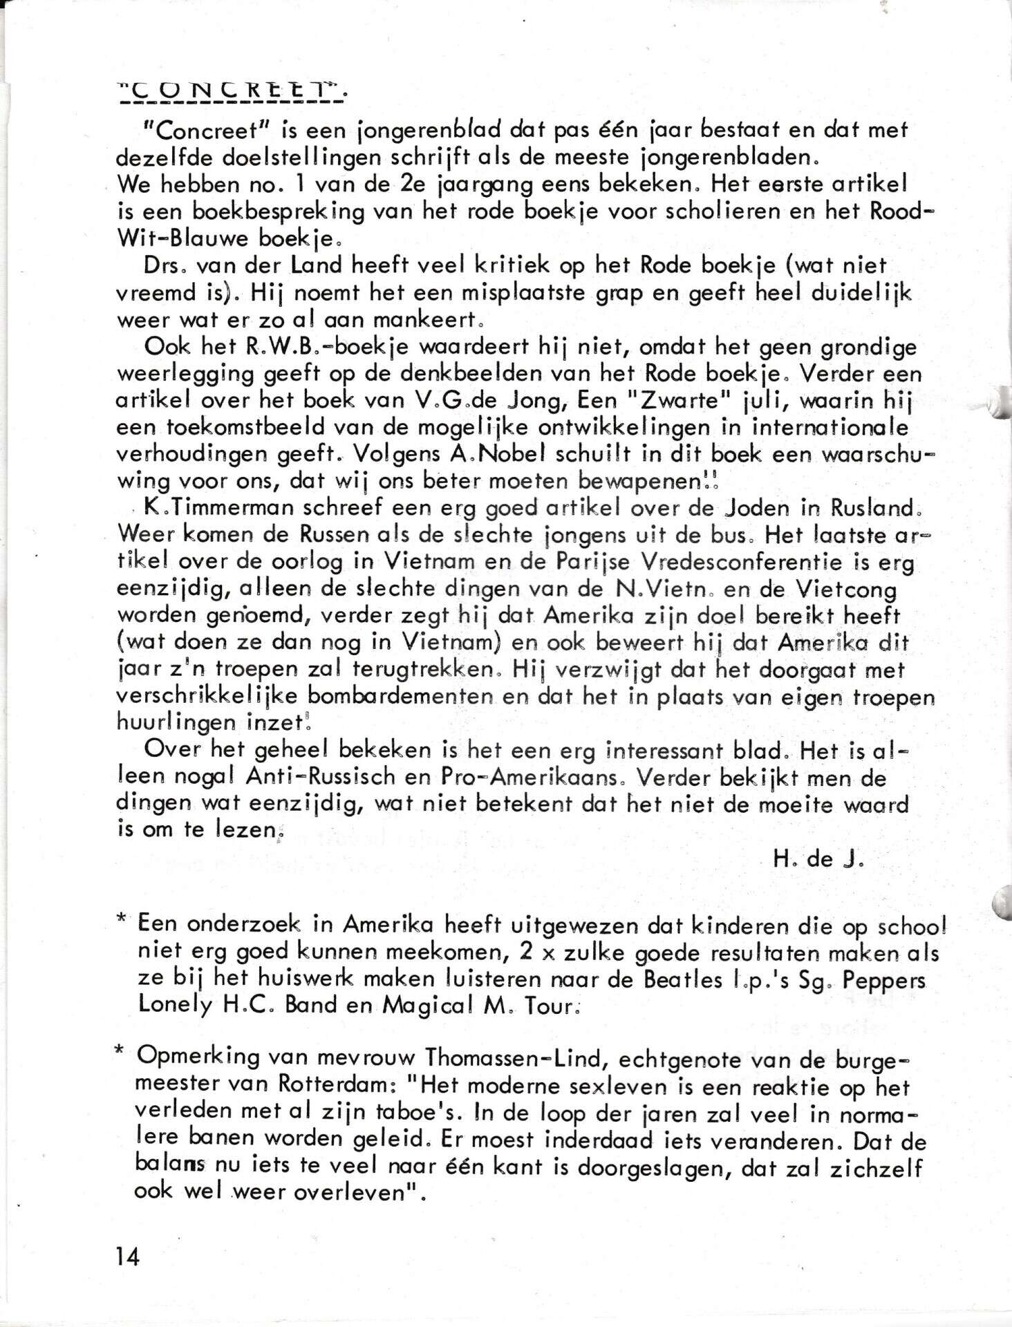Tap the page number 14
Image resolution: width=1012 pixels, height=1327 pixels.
point(128,1255)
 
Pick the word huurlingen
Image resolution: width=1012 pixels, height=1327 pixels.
point(174,723)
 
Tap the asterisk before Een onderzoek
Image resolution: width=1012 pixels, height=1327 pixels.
point(122,921)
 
